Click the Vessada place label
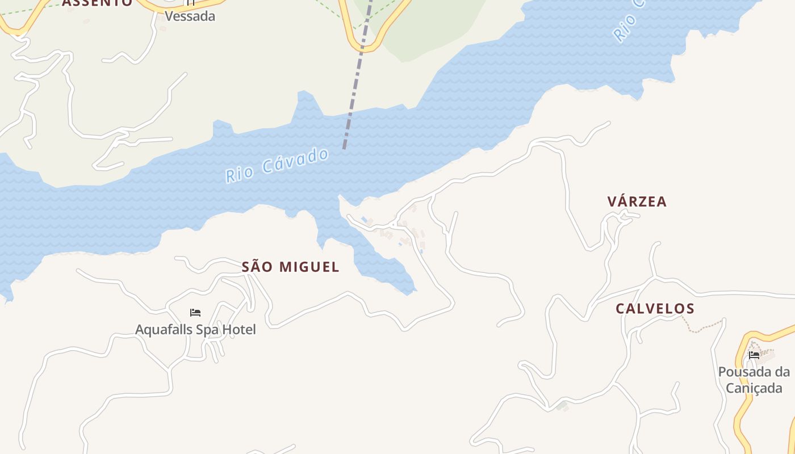190,16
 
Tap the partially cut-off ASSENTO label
97,3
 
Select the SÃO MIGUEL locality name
290,267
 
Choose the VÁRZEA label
637,201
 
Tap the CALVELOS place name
655,309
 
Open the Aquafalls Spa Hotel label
195,329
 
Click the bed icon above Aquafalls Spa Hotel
195,313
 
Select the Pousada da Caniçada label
754,380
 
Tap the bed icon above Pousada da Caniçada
754,356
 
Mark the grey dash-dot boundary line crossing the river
355,85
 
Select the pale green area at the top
432,28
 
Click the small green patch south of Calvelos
562,406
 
